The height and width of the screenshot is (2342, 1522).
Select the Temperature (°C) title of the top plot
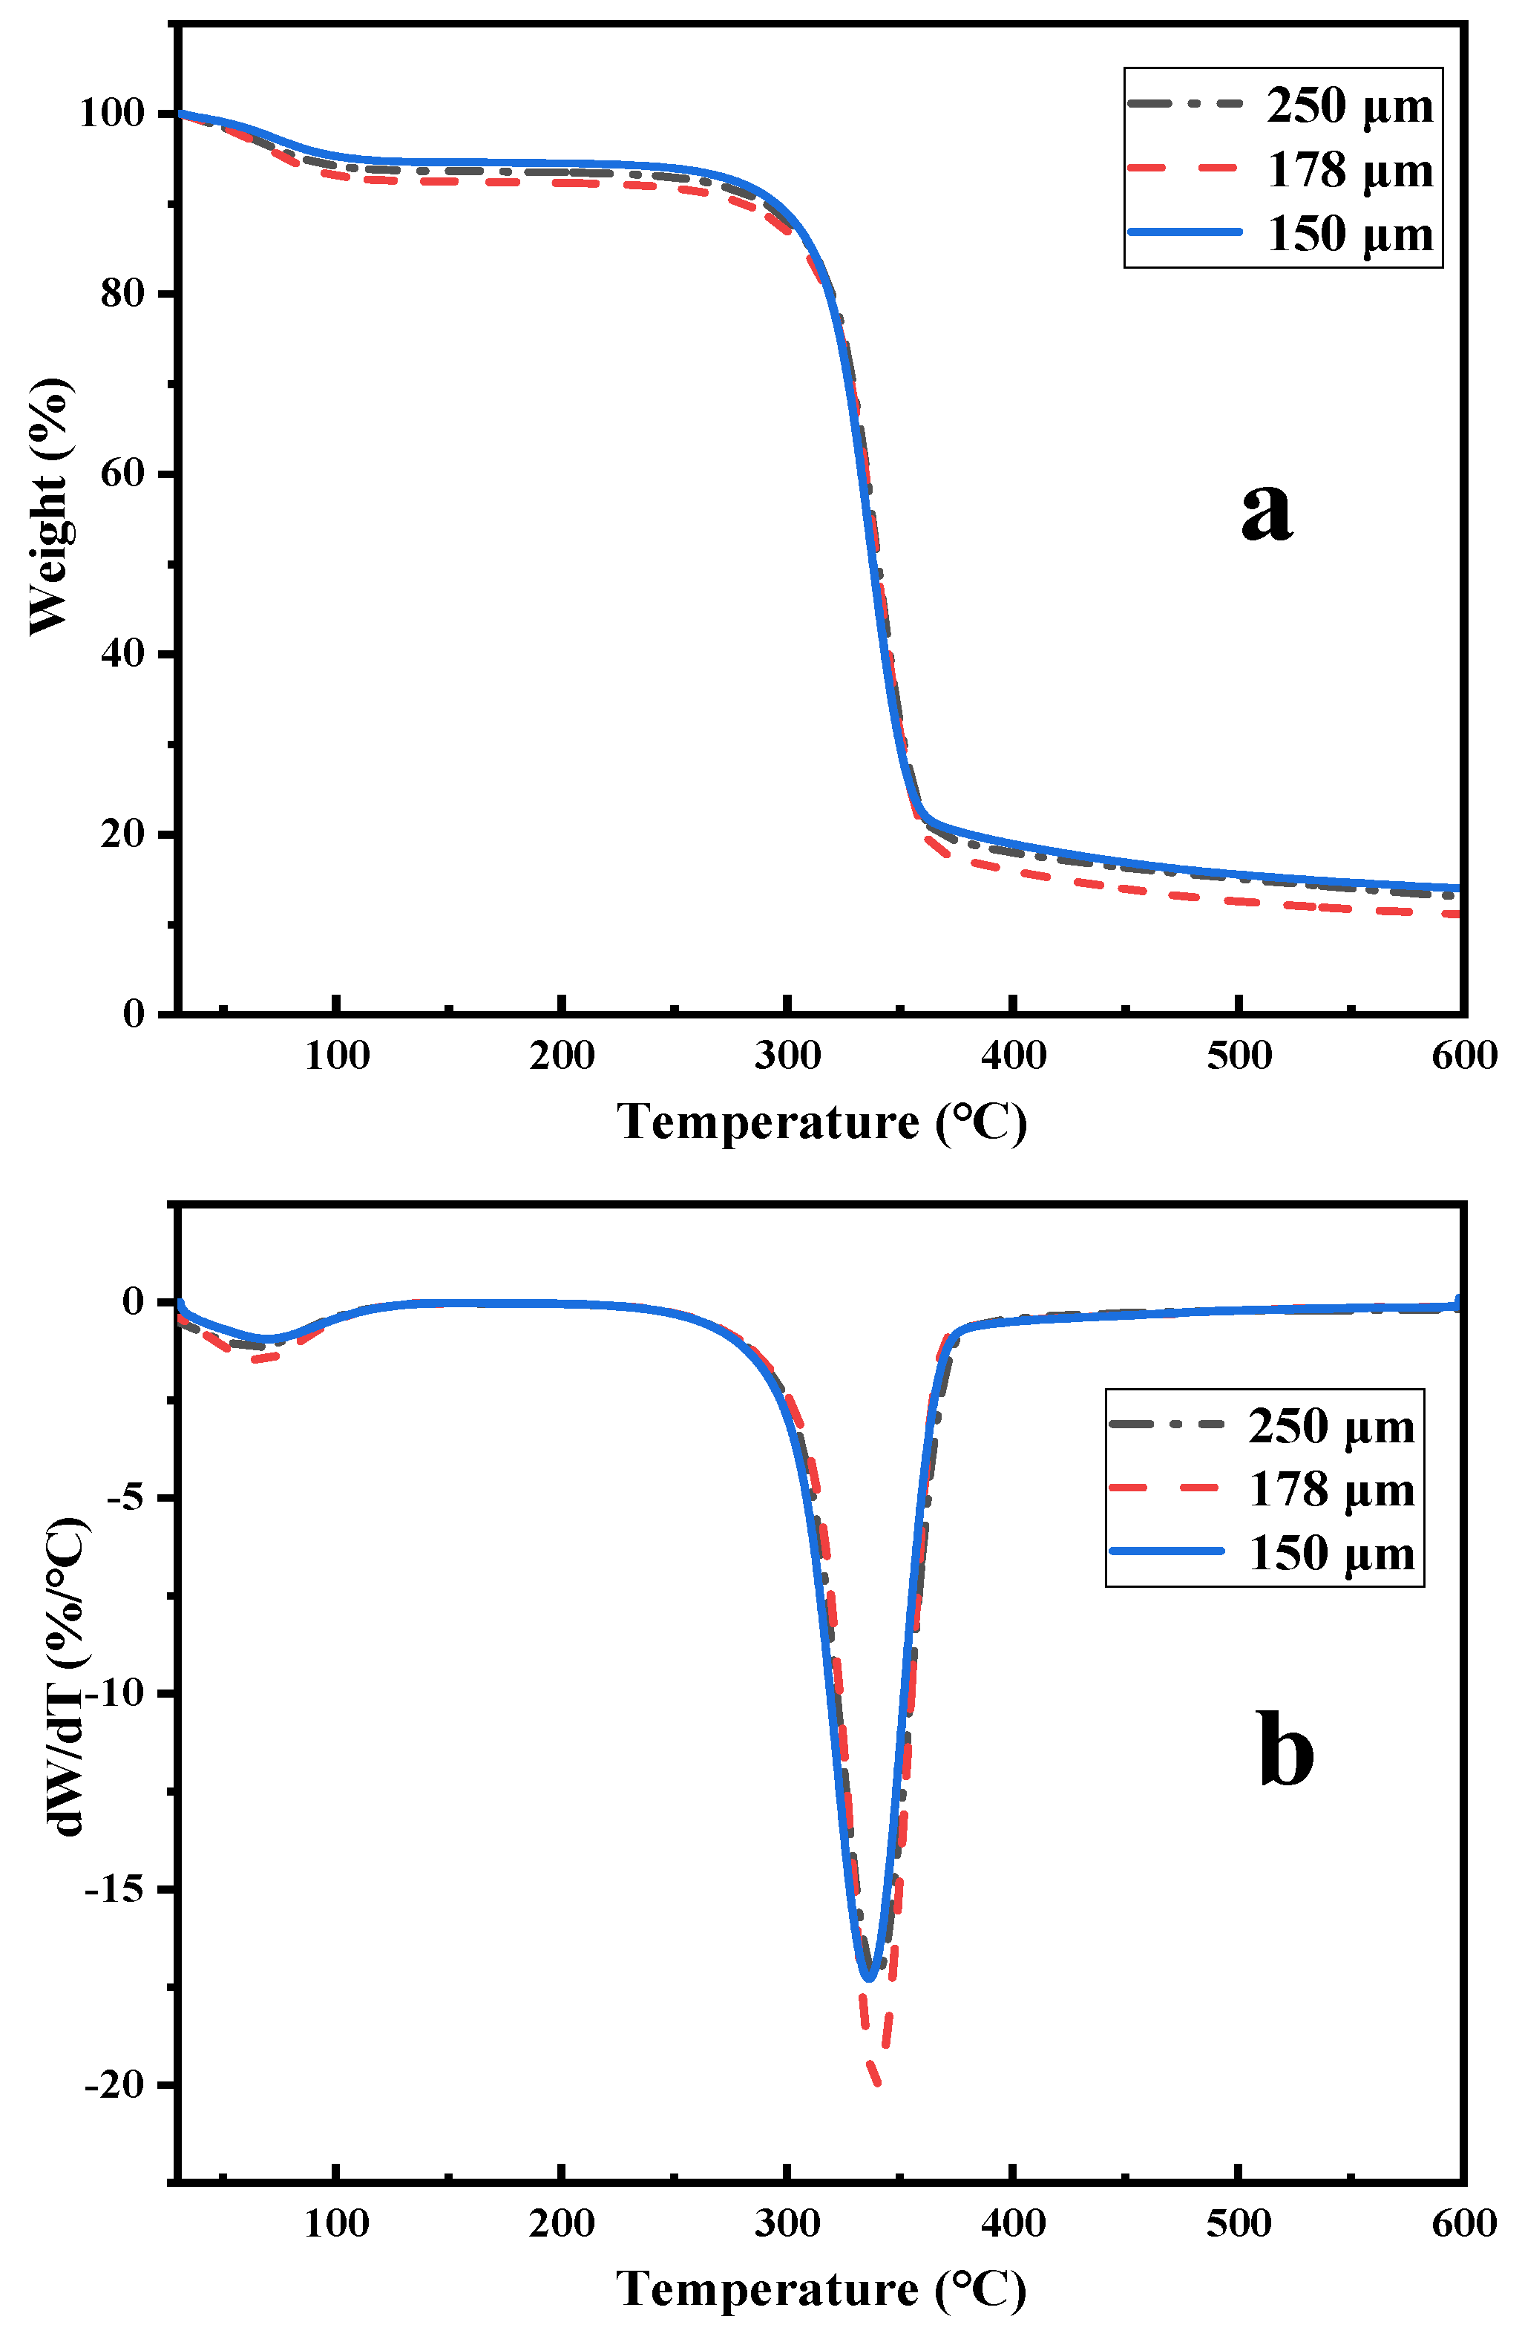tap(821, 1121)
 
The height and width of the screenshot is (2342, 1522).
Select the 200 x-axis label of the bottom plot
tap(561, 2223)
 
